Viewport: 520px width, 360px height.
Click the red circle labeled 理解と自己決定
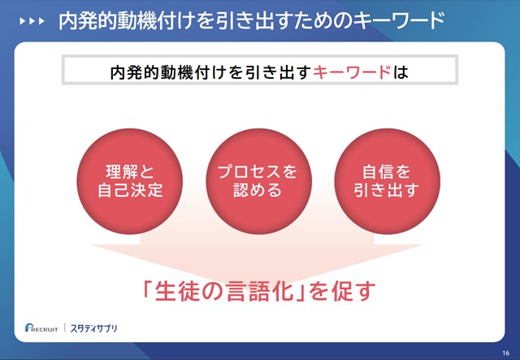130,181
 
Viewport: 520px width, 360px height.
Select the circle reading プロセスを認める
258,181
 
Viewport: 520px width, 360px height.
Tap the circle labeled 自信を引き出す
387,181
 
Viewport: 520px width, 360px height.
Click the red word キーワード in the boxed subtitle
352,72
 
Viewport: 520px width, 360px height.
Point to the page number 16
505,353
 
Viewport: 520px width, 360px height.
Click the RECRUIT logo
41,327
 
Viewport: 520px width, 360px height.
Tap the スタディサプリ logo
94,328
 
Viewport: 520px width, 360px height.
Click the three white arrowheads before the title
32,21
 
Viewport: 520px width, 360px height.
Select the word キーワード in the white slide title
398,20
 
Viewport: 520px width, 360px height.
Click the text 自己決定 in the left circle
130,190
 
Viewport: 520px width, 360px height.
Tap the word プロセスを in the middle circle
258,171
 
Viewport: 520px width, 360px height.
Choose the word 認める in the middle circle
258,190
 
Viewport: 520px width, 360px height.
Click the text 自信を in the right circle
387,171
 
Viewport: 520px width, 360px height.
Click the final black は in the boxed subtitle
401,72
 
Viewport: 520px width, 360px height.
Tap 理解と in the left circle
130,171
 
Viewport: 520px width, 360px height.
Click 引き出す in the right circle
387,190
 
